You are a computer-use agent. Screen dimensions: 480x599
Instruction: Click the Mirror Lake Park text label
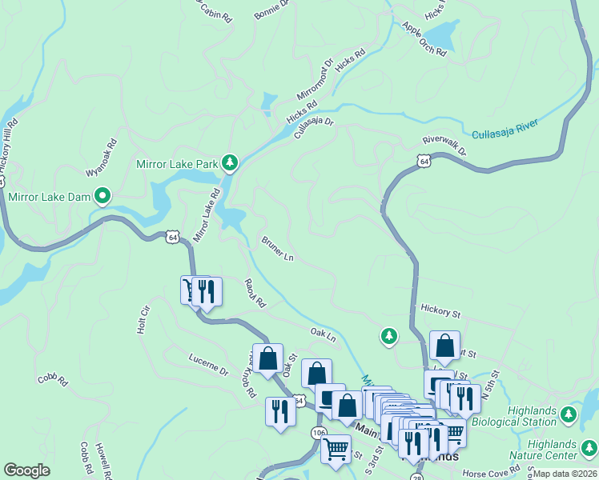tap(177, 164)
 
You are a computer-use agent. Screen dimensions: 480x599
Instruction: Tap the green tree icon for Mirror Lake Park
tap(231, 164)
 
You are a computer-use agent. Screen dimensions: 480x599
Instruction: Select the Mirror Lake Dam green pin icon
tap(103, 194)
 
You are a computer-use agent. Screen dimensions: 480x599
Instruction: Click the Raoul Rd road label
tap(255, 294)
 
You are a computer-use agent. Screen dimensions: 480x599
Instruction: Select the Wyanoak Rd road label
tap(102, 158)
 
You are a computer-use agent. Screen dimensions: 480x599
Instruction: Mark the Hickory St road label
tap(440, 310)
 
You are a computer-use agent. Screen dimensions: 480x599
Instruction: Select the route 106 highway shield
tap(319, 433)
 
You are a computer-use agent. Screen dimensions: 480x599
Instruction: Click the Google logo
tap(26, 470)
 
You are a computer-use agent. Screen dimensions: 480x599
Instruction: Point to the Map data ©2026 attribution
tap(565, 474)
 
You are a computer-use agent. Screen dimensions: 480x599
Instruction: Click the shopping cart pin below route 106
tap(336, 447)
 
